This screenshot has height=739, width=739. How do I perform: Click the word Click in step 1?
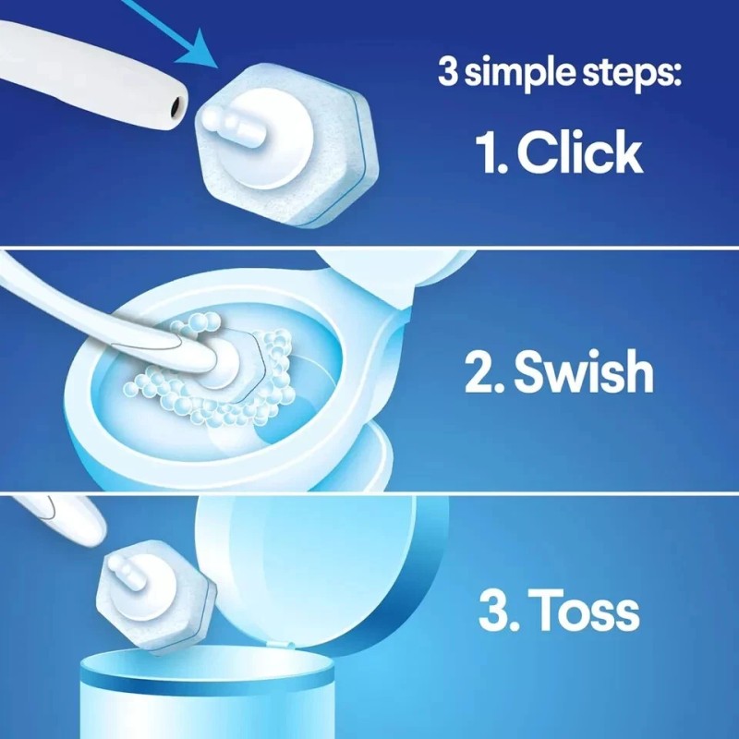579,152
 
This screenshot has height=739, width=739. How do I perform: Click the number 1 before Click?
488,152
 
